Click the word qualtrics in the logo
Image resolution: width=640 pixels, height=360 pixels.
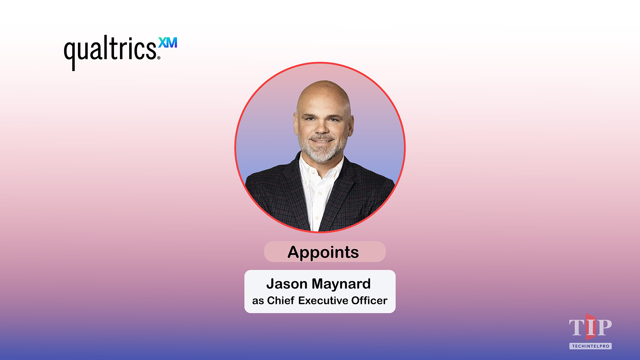coord(110,50)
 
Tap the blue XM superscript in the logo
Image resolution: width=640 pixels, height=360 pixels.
coord(168,43)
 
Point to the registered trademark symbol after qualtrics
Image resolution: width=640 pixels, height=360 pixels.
coord(159,58)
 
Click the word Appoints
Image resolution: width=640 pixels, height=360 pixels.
coord(323,252)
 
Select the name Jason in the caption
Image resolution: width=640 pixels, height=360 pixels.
coord(287,284)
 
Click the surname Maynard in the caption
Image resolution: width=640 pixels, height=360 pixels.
coord(341,284)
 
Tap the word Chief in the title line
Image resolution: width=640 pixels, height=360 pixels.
coord(281,301)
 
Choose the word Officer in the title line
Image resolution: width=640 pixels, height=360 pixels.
coord(369,301)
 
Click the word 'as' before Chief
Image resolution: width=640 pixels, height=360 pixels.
coord(258,301)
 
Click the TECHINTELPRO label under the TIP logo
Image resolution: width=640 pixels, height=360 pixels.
coord(590,346)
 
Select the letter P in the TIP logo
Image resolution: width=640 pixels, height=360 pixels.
coord(604,327)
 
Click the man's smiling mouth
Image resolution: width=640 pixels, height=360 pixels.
coord(321,141)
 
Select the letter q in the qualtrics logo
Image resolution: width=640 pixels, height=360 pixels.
coord(70,53)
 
